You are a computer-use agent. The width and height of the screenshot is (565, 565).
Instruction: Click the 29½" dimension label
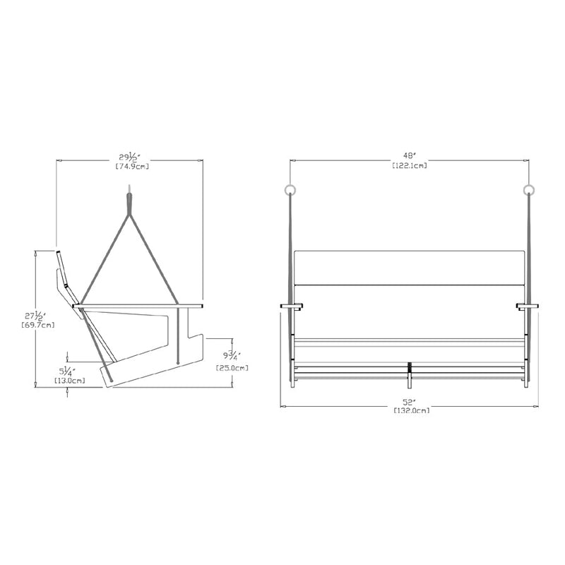(129, 157)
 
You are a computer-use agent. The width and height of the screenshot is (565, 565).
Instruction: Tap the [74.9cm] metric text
(132, 167)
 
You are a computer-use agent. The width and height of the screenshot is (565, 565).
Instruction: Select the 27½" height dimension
(35, 316)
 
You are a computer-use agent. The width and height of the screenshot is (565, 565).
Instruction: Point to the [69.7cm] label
(38, 326)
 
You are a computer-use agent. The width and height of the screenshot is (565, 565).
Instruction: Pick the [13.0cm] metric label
(69, 381)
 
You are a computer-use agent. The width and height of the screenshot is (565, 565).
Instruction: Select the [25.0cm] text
(232, 368)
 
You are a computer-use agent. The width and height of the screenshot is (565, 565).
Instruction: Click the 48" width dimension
(410, 155)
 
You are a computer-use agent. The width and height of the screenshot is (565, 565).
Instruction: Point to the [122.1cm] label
(410, 165)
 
